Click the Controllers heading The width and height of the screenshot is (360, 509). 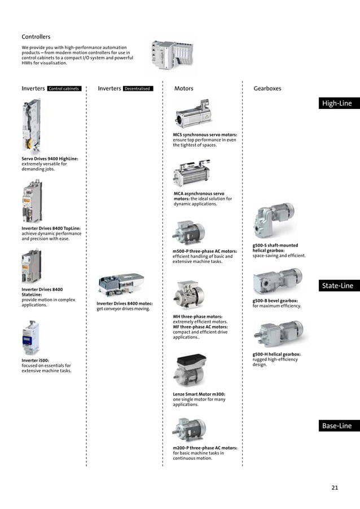pos(36,37)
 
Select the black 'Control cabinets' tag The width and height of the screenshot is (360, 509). pos(64,89)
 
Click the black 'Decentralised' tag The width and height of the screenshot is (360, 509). pos(138,89)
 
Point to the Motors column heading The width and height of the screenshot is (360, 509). pos(183,89)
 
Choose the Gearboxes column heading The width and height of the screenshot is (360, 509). pos(267,89)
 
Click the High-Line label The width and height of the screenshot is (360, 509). pos(336,104)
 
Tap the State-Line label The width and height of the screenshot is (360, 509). pos(337,286)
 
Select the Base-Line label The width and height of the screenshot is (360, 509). pos(336,426)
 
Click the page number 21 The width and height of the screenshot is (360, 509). pos(335,488)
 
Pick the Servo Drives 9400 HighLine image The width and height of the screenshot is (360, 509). pos(32,126)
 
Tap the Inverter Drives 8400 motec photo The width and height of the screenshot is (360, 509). pos(121,286)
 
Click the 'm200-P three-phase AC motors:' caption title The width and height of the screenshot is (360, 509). pos(204,448)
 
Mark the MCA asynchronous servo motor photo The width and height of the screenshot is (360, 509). pos(191,173)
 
